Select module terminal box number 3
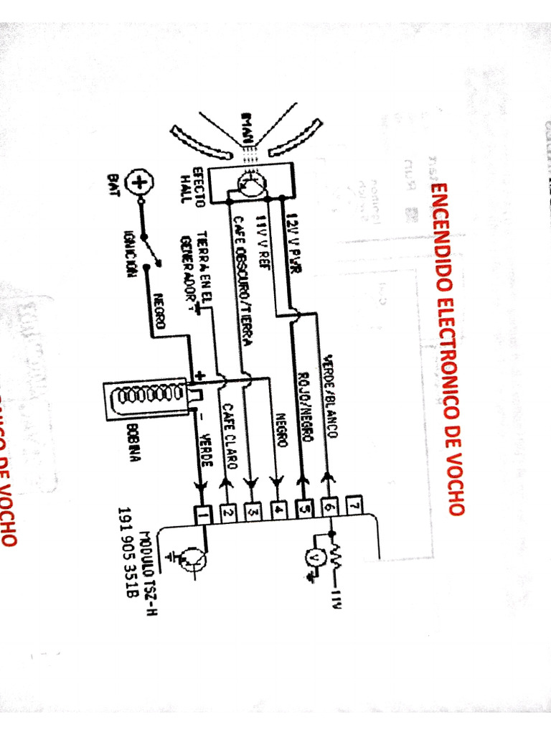pyautogui.click(x=253, y=512)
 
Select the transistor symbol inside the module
pyautogui.click(x=192, y=558)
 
